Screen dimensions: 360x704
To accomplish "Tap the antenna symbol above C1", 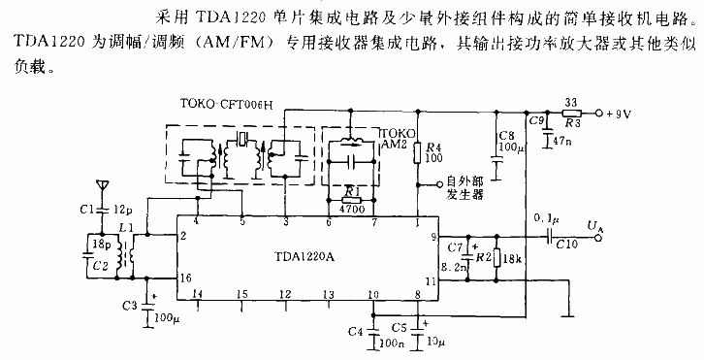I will [x=98, y=186].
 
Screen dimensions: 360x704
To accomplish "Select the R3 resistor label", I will [x=572, y=124].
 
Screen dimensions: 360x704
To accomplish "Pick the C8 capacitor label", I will [x=504, y=136].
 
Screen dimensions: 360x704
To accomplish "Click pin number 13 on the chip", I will [x=330, y=294].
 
